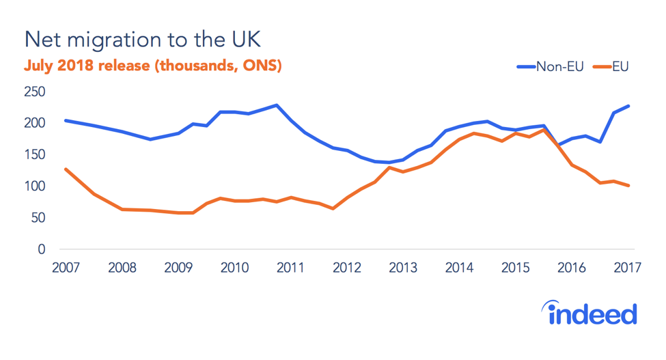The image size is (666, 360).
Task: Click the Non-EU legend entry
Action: pos(549,66)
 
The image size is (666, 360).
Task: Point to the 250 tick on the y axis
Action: pos(35,92)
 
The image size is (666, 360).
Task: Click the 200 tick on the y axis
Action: pos(35,124)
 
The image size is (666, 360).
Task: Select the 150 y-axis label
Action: pos(35,155)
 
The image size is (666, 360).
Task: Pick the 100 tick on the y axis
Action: pos(35,186)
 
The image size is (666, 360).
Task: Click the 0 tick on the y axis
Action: pos(41,250)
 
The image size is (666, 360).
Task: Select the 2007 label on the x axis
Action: pos(65,268)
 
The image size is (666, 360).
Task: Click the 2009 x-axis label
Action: pos(178,268)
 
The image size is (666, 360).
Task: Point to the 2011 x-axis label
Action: pos(290,268)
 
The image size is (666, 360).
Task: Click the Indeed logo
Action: pos(592,314)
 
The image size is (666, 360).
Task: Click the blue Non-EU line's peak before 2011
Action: pos(276,105)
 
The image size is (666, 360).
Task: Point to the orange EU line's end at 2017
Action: pos(628,185)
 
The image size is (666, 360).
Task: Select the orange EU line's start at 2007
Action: pos(65,169)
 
